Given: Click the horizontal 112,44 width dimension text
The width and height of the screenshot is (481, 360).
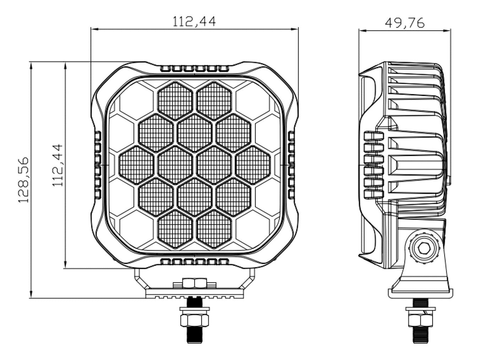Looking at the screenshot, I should [x=194, y=21].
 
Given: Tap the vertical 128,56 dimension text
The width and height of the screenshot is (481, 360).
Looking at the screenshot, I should [x=24, y=180].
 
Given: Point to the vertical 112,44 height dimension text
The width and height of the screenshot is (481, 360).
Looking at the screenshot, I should [x=57, y=165].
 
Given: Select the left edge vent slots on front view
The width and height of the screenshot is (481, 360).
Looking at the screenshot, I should [x=98, y=165].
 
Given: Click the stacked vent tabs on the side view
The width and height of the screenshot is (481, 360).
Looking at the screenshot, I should [x=374, y=165].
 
